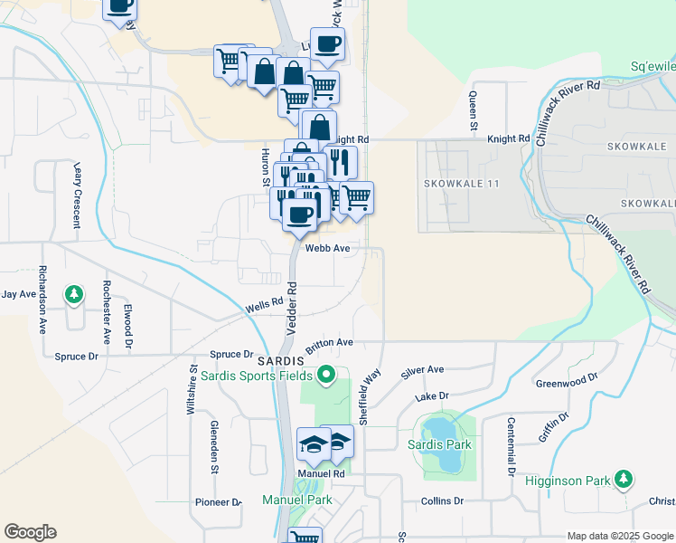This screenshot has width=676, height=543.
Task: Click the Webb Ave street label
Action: tap(327, 247)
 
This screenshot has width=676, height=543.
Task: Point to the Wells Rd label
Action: tap(265, 309)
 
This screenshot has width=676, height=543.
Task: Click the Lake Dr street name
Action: tap(432, 396)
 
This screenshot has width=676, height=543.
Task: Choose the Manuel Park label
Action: tap(296, 500)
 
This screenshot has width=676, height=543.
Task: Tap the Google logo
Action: tap(30, 532)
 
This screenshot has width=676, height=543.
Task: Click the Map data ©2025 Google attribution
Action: tap(620, 536)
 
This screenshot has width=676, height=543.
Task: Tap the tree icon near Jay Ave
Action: tap(74, 294)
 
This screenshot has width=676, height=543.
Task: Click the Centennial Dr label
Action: tap(511, 446)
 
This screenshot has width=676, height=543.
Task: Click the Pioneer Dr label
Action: tap(219, 502)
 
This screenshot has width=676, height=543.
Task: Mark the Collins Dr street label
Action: tap(442, 500)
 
